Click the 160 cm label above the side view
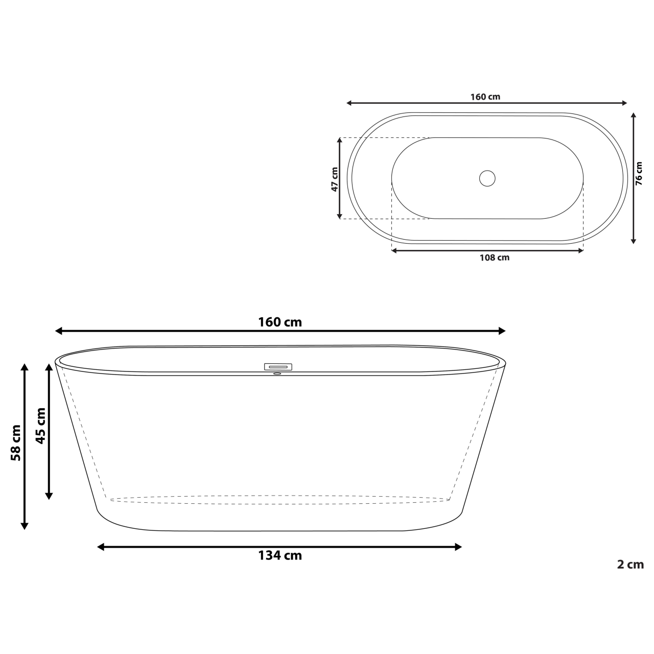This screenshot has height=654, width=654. click(x=280, y=322)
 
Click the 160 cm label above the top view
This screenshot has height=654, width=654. click(x=485, y=97)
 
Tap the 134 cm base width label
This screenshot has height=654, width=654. click(x=280, y=556)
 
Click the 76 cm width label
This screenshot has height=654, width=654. click(x=639, y=173)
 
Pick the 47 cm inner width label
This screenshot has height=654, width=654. click(x=334, y=179)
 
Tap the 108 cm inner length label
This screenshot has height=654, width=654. click(x=494, y=258)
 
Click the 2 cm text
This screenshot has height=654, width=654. click(x=630, y=565)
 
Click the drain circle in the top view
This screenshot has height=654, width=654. click(x=487, y=178)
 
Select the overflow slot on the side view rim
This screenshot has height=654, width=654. click(x=278, y=366)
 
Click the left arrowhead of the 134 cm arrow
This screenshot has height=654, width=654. click(x=100, y=547)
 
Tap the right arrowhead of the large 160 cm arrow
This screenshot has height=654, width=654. click(x=502, y=331)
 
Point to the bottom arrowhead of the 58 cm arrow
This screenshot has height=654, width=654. click(x=24, y=526)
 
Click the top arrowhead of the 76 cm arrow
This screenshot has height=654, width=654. click(x=634, y=116)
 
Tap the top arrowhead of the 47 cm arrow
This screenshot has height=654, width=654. click(x=340, y=140)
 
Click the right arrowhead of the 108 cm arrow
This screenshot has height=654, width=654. click(x=580, y=250)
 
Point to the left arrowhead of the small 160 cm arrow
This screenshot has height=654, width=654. click(x=349, y=103)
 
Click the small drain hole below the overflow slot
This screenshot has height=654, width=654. click(x=277, y=373)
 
